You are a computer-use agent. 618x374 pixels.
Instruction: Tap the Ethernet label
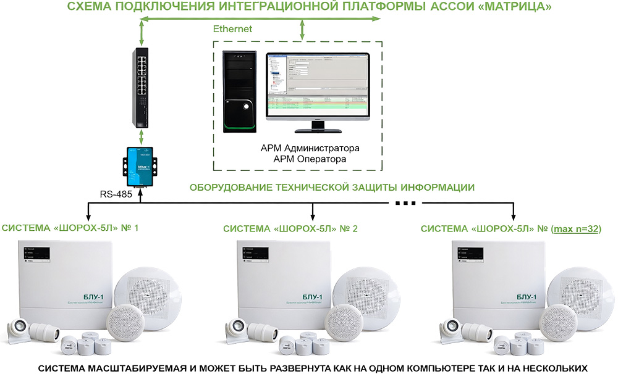point(232,29)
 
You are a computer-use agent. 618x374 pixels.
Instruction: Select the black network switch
point(142,86)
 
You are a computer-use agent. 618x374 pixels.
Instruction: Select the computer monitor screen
point(316,83)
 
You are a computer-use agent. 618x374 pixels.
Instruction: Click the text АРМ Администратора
point(310,149)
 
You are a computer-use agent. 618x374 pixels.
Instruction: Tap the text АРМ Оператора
point(310,159)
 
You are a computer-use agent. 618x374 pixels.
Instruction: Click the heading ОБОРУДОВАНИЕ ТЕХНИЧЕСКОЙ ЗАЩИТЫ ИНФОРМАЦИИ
point(331,187)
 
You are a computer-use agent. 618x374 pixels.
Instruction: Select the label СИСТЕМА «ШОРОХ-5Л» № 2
point(290,228)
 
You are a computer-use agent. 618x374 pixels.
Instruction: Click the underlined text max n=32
point(577,228)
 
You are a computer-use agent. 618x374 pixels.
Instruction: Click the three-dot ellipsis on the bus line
point(405,202)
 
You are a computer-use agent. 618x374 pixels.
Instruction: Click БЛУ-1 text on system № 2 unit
point(310,298)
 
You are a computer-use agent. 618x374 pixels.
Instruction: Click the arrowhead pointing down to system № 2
point(313,217)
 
